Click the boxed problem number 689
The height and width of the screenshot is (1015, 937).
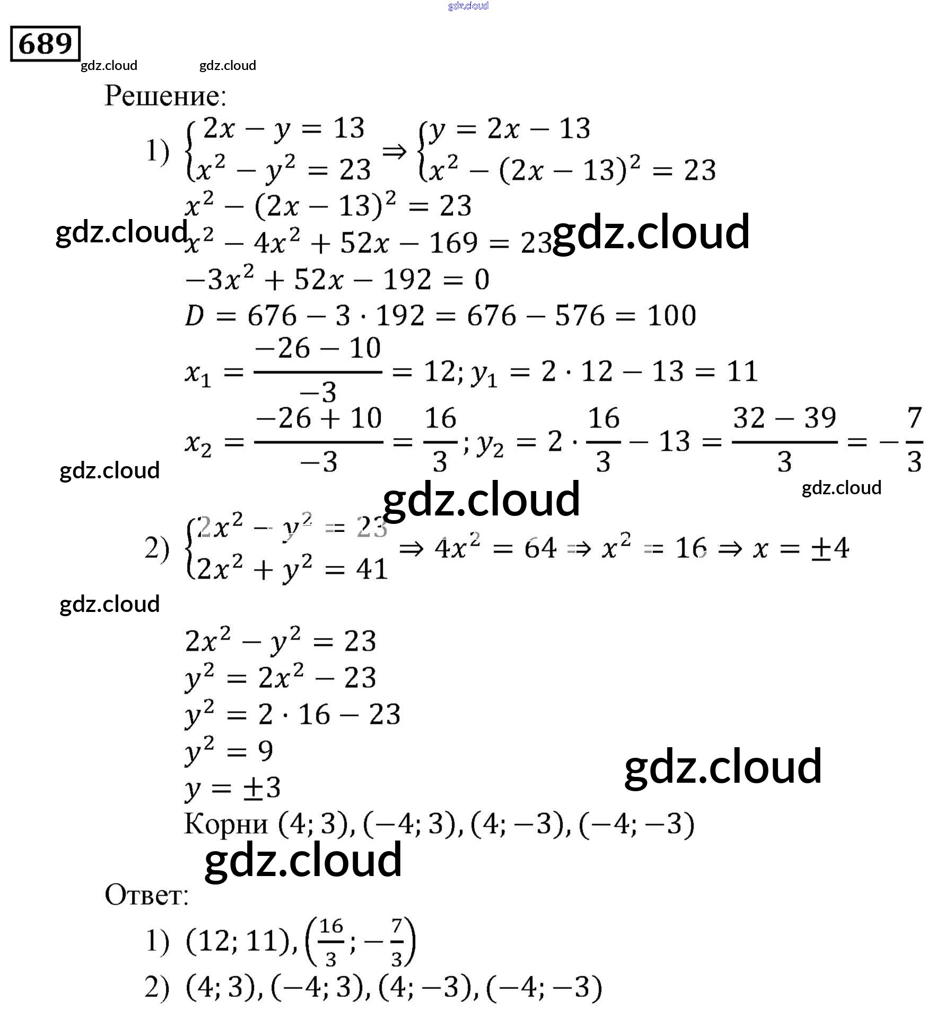(45, 43)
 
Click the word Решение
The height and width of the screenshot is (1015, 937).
(165, 96)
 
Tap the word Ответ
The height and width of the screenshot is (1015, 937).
(146, 895)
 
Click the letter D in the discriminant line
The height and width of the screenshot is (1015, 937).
(194, 316)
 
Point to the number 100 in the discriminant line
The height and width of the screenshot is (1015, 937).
(671, 316)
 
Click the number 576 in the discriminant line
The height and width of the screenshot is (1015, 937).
(579, 316)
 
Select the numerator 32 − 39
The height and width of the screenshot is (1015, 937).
(784, 418)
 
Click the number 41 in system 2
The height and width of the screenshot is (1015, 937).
(372, 570)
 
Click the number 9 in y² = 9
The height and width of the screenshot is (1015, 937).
(265, 751)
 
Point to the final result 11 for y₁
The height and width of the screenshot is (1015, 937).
(741, 371)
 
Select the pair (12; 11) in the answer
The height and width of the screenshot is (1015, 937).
(238, 941)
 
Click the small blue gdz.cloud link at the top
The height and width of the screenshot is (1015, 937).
(468, 6)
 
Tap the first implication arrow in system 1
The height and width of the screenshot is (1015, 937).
(394, 153)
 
